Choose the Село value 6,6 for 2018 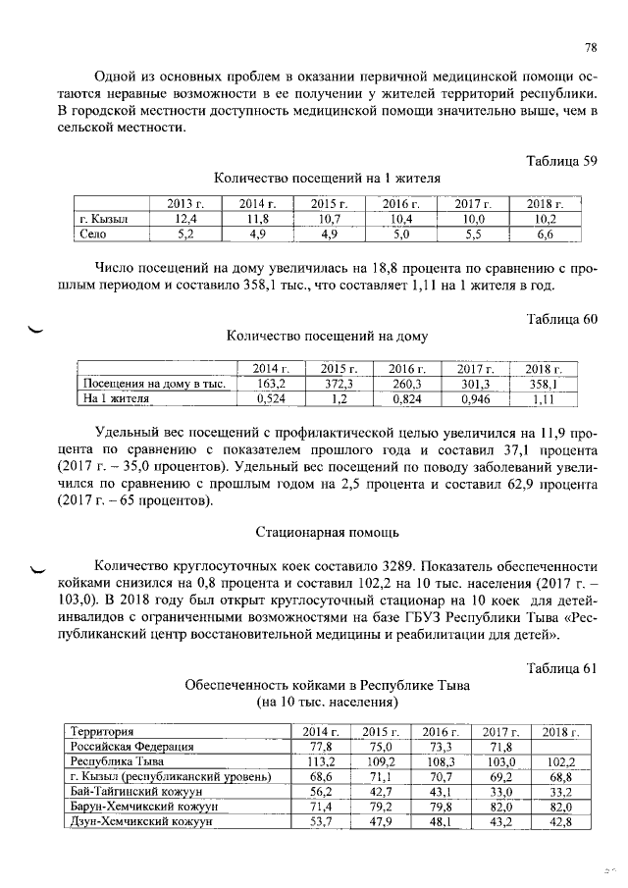543,234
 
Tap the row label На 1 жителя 117,399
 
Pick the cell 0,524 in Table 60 270,399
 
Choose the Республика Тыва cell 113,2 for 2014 322,761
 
